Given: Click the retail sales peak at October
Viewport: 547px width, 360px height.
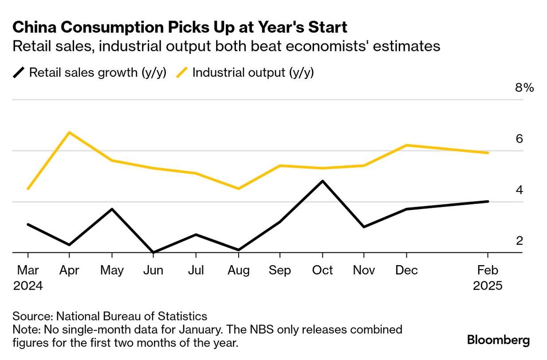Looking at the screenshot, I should [323, 181].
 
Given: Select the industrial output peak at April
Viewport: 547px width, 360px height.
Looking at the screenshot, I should [69, 132].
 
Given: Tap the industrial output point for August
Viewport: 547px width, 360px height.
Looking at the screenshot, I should [238, 189].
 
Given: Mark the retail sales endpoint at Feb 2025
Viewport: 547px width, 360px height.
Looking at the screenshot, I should [488, 201].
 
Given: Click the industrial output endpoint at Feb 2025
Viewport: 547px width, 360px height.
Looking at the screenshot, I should [488, 153].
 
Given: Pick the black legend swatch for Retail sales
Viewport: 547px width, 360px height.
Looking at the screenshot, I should [19, 73].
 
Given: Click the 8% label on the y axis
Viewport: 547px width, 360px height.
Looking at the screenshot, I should [524, 88].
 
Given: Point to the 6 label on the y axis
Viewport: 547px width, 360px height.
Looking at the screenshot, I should [519, 139].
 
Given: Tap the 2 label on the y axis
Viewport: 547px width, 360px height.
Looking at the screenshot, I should [519, 241].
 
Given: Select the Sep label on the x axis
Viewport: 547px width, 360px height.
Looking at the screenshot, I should [280, 270].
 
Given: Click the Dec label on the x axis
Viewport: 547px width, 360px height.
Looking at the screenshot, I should [406, 270].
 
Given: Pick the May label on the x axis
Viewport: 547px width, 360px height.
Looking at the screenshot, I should [112, 270].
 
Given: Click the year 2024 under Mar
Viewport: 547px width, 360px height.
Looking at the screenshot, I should [28, 286].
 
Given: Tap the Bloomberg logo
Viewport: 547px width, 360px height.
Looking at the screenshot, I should [499, 340].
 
